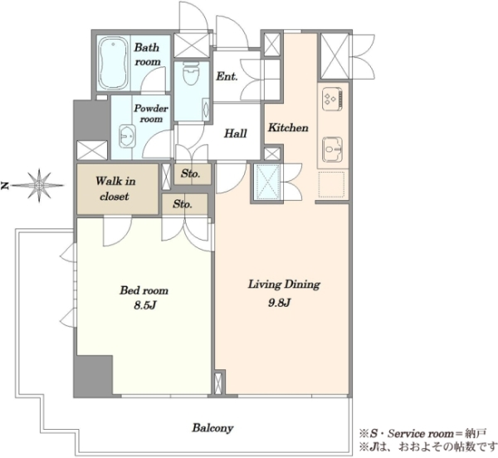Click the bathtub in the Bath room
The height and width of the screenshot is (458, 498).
pyautogui.click(x=114, y=64)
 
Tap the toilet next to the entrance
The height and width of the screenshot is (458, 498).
pyautogui.click(x=191, y=73)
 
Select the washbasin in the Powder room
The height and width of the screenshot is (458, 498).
pyautogui.click(x=127, y=136)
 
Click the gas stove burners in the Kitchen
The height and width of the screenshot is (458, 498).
pyautogui.click(x=333, y=100)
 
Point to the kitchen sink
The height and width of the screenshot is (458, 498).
pyautogui.click(x=332, y=149)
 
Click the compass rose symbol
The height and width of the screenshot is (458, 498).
pyautogui.click(x=39, y=185)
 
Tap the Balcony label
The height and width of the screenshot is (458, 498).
pyautogui.click(x=212, y=428)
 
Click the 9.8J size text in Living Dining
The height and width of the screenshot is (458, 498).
pyautogui.click(x=280, y=303)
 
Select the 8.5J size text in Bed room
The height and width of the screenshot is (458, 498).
pyautogui.click(x=144, y=305)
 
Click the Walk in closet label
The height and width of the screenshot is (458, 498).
pyautogui.click(x=115, y=188)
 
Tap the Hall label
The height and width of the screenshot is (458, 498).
pyautogui.click(x=236, y=134)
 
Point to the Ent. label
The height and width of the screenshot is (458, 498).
pyautogui.click(x=227, y=76)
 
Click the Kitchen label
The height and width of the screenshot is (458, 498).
pyautogui.click(x=288, y=128)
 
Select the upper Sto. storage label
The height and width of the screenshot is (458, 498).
pyautogui.click(x=191, y=173)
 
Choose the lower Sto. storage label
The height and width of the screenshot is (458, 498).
pyautogui.click(x=183, y=204)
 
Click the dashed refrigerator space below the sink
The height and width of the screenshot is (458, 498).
pyautogui.click(x=331, y=184)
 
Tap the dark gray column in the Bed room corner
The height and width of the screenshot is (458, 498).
pyautogui.click(x=93, y=376)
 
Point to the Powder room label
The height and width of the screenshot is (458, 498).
pyautogui.click(x=151, y=114)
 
